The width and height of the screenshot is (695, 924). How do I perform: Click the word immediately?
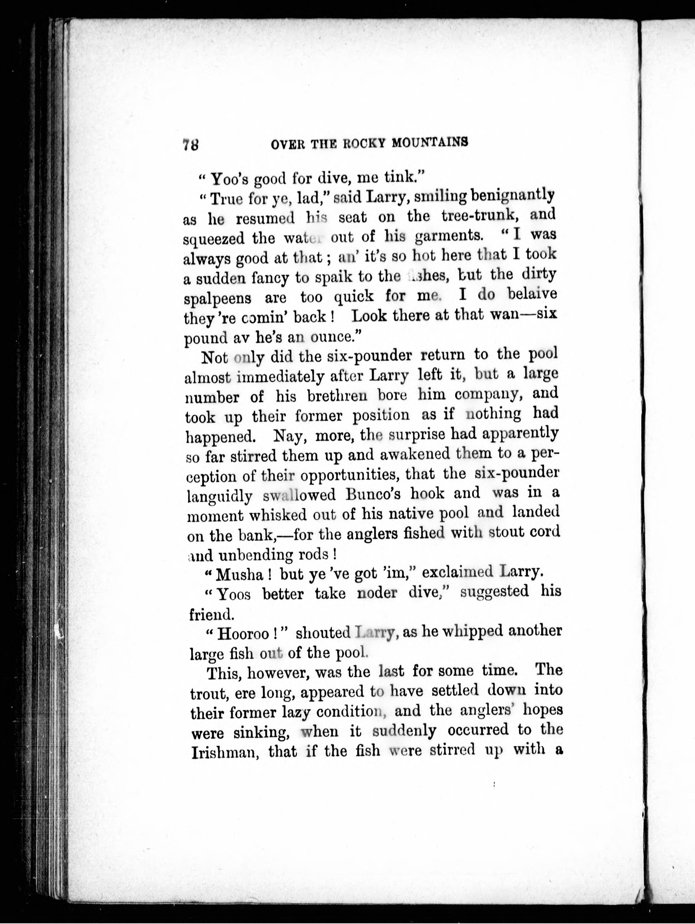tap(280, 377)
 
